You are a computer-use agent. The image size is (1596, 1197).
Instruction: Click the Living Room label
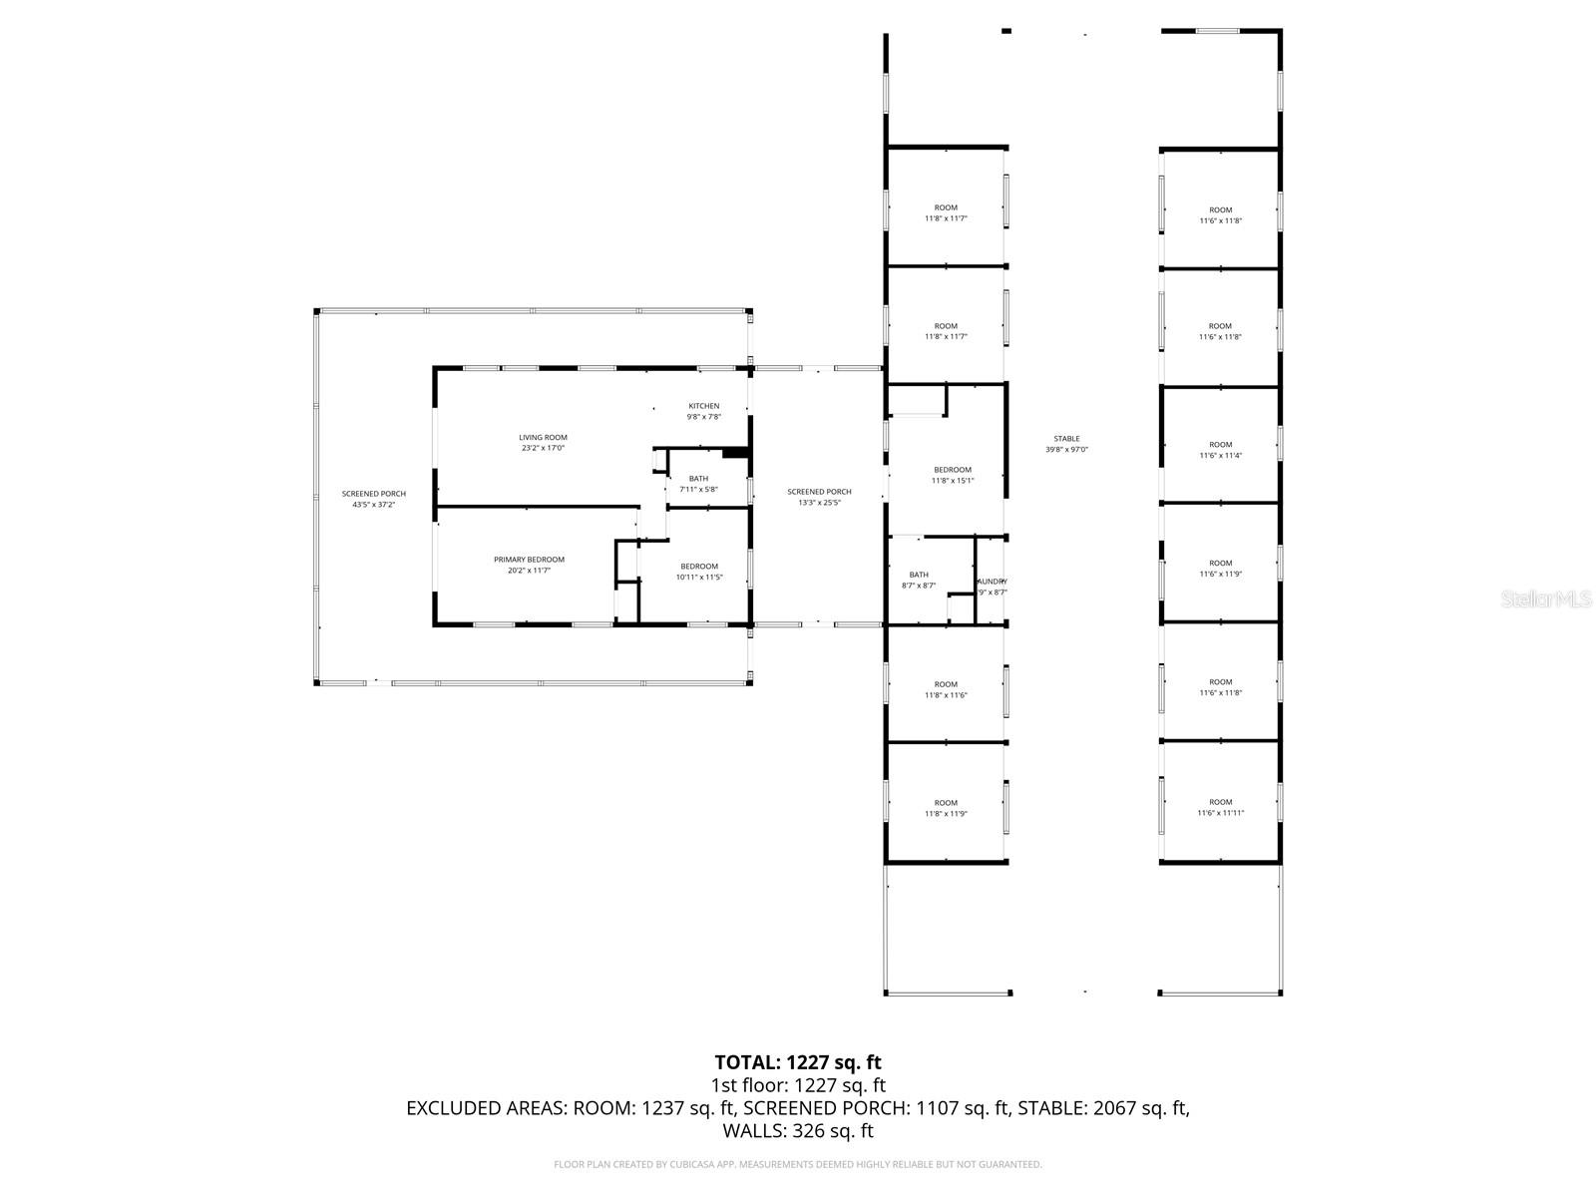[x=543, y=443]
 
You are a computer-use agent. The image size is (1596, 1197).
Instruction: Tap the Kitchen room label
[x=703, y=411]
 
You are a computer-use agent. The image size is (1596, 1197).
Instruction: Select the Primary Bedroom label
[x=529, y=565]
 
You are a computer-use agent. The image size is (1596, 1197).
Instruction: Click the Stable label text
[x=1066, y=444]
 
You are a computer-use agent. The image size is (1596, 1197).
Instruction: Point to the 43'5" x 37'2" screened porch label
[x=373, y=499]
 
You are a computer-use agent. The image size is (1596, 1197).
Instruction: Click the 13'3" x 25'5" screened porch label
[x=819, y=497]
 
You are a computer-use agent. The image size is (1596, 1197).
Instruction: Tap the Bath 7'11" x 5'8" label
[x=698, y=484]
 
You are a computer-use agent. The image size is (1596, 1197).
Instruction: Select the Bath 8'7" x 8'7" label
[x=918, y=580]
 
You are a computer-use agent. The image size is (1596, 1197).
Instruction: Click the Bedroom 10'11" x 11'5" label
[x=698, y=572]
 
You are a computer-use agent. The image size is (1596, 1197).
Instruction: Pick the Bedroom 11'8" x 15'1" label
[x=952, y=475]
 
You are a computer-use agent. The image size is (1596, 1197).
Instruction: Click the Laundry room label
[x=992, y=587]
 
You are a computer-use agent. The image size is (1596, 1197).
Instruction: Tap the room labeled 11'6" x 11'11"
[x=1220, y=807]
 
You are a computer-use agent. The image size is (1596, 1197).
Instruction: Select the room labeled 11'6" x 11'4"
[x=1220, y=450]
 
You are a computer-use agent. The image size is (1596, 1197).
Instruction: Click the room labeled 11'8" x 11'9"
[x=945, y=808]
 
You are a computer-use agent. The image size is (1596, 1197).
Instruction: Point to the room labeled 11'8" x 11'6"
[x=945, y=689]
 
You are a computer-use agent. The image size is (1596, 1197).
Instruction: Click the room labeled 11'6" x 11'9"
[x=1220, y=569]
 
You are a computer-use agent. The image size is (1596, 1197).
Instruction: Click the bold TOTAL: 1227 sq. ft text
[x=798, y=1062]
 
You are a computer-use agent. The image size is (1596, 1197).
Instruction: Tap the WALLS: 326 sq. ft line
[x=798, y=1131]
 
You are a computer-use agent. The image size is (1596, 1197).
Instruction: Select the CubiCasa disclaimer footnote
[x=798, y=1164]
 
